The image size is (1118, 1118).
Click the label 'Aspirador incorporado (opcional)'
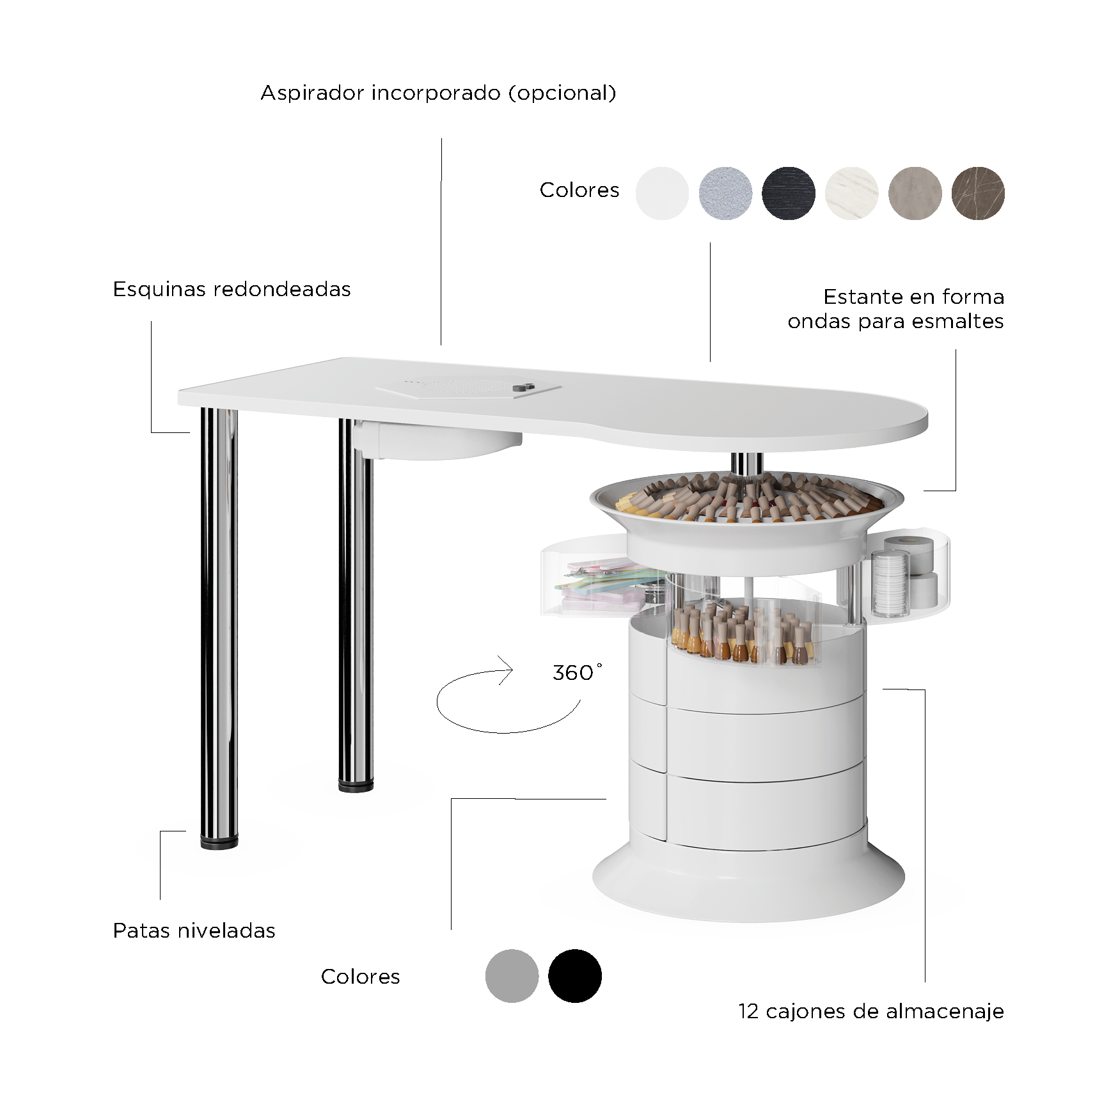(438, 93)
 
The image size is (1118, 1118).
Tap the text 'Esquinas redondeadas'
(232, 289)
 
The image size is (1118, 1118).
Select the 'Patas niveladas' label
(194, 931)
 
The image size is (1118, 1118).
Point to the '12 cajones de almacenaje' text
(871, 1011)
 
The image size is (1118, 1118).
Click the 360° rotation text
(577, 672)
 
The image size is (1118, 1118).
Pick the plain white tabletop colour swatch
(663, 193)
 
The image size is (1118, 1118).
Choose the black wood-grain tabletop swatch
(789, 193)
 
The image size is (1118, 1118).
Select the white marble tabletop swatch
(851, 193)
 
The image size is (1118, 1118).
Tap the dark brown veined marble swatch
(978, 193)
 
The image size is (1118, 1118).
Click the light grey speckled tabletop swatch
(726, 193)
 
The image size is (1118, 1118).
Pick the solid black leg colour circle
(575, 976)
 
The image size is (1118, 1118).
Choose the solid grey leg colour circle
(512, 976)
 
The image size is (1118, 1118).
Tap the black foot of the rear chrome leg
(356, 786)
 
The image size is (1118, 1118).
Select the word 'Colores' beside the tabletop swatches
(579, 190)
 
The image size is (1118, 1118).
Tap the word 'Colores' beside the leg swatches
(360, 977)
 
